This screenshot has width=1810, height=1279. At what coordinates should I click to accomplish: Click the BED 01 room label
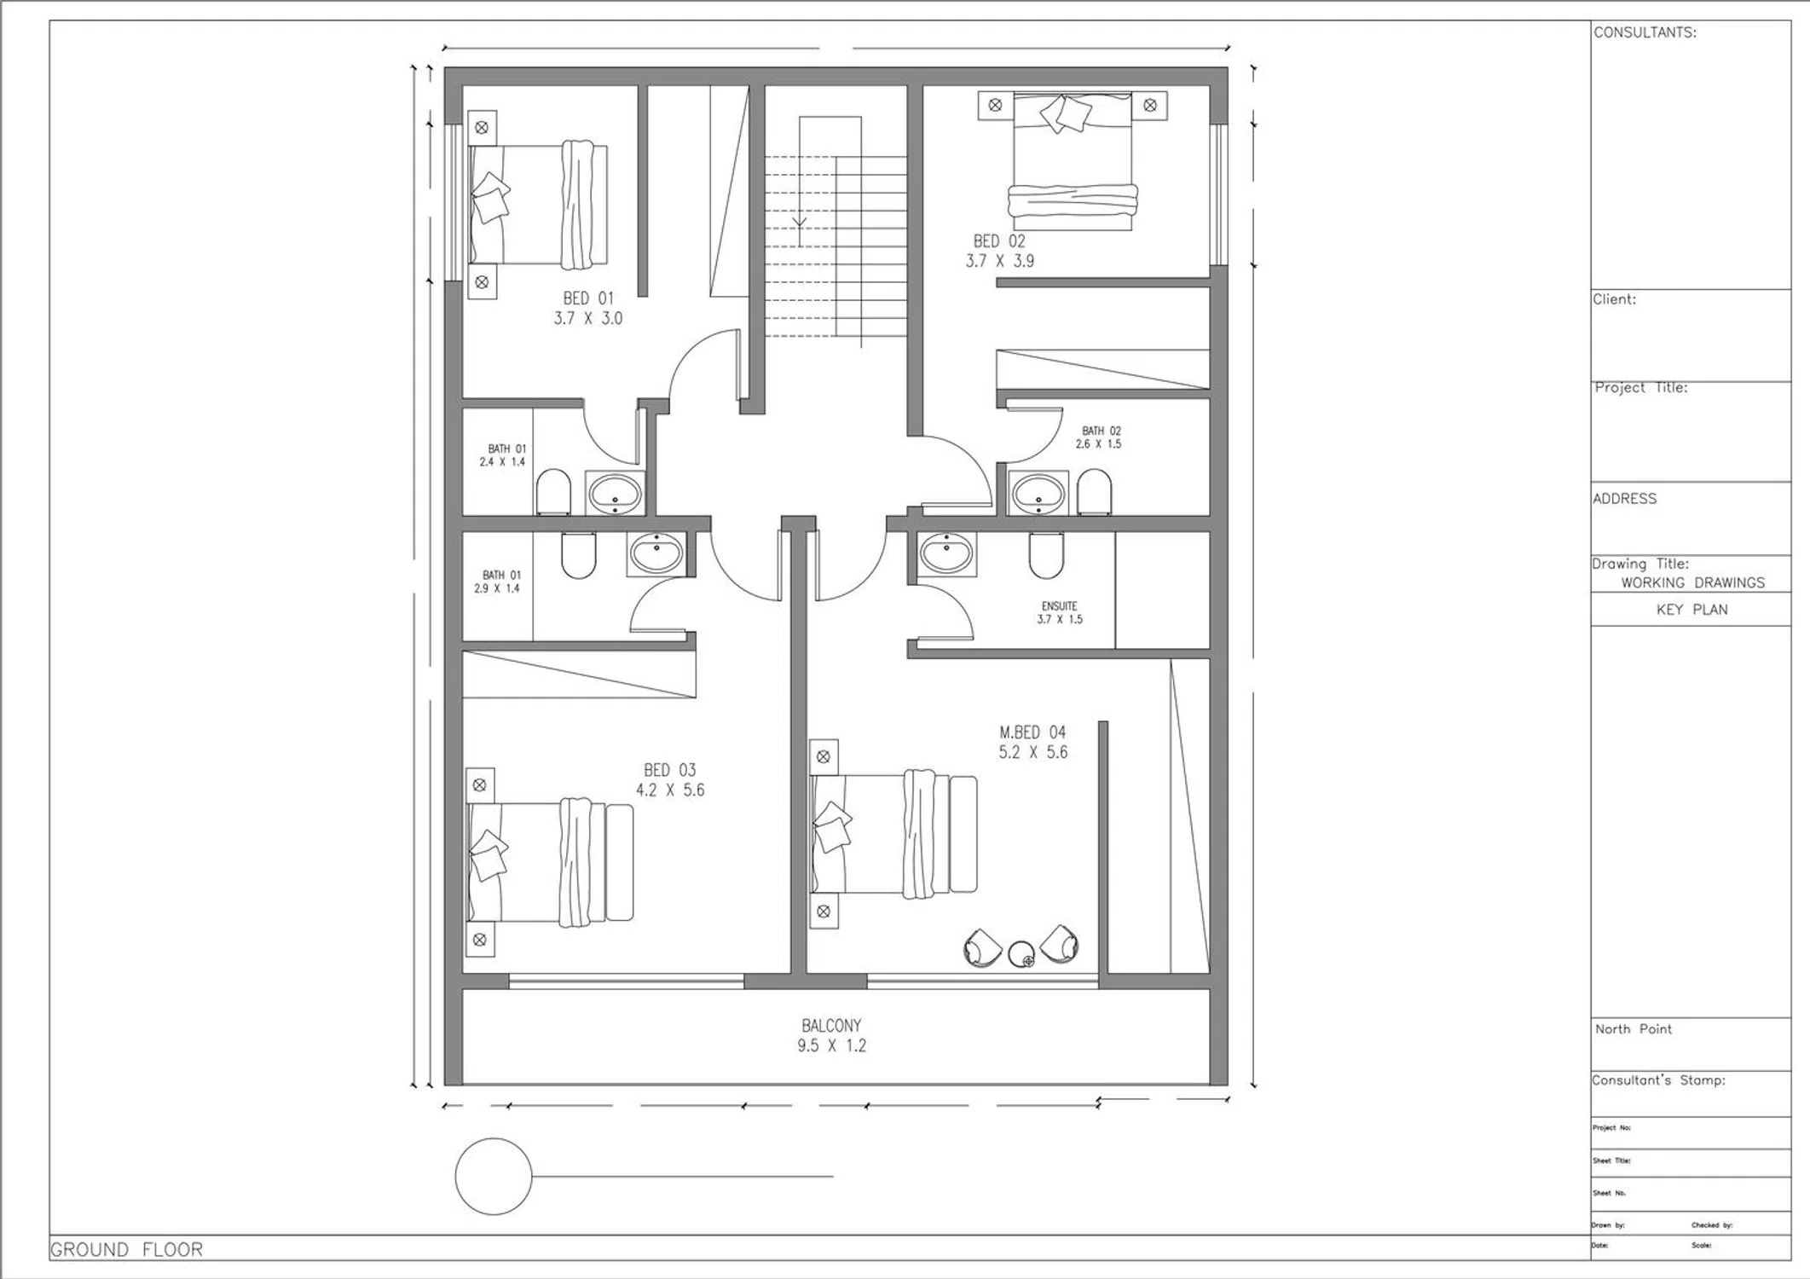pyautogui.click(x=588, y=298)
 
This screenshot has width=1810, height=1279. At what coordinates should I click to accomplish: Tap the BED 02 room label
pyautogui.click(x=999, y=241)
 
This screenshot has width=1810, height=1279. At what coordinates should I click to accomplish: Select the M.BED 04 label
pyautogui.click(x=1032, y=732)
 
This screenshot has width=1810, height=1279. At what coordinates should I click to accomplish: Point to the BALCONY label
pyautogui.click(x=831, y=1026)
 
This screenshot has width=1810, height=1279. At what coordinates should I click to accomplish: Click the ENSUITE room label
pyautogui.click(x=1060, y=606)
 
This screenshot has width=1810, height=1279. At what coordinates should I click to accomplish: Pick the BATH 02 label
pyautogui.click(x=1102, y=431)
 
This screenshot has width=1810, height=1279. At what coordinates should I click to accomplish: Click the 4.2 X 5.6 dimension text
pyautogui.click(x=670, y=790)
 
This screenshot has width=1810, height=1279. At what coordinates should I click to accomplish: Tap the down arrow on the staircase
pyautogui.click(x=800, y=224)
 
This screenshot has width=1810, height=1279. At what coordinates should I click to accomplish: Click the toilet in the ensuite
pyautogui.click(x=1046, y=556)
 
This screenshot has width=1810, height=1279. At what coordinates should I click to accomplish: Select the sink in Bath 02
pyautogui.click(x=1038, y=493)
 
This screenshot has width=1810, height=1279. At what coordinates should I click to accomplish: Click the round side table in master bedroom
pyautogui.click(x=1021, y=954)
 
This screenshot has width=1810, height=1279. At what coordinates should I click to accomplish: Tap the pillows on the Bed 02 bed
pyautogui.click(x=1065, y=113)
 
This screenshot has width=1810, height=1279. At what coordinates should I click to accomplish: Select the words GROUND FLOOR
pyautogui.click(x=126, y=1250)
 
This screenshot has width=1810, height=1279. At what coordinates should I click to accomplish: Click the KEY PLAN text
pyautogui.click(x=1691, y=610)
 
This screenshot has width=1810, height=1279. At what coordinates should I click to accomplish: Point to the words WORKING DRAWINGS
pyautogui.click(x=1692, y=583)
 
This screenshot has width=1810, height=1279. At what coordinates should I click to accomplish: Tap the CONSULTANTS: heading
pyautogui.click(x=1645, y=32)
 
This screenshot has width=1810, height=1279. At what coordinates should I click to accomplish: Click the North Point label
pyautogui.click(x=1633, y=1029)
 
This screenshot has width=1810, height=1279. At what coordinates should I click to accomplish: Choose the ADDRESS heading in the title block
pyautogui.click(x=1624, y=499)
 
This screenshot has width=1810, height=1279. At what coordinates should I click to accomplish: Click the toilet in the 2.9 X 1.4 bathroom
pyautogui.click(x=578, y=556)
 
